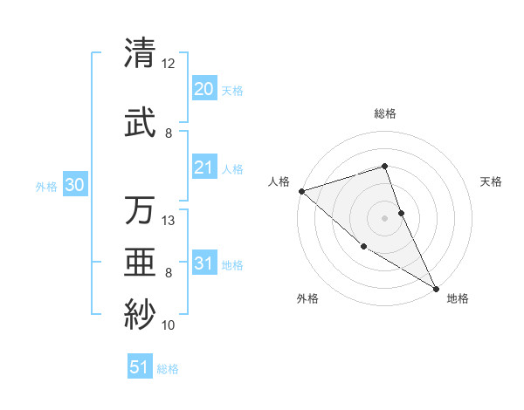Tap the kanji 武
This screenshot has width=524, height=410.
141,123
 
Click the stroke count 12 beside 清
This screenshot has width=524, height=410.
168,64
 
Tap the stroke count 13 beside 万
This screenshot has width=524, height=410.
169,221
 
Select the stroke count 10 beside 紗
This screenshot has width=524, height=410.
169,325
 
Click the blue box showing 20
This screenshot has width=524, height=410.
203,89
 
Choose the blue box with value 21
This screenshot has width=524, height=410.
203,167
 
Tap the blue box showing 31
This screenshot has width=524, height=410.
203,263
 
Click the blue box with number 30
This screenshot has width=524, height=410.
74,185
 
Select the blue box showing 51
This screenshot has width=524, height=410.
140,367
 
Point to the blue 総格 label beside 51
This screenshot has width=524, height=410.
168,369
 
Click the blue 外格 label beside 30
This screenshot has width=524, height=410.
46,186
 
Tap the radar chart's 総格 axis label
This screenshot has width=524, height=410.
384,113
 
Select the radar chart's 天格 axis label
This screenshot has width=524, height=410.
492,181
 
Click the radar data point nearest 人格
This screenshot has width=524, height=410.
301,190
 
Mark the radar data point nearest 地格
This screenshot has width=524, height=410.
436,288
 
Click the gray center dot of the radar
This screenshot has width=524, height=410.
384,217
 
